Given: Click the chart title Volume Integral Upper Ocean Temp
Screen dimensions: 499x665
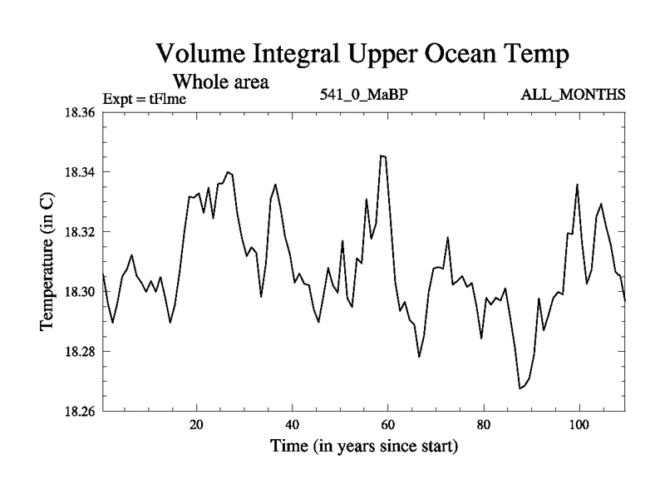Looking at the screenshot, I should (362, 57).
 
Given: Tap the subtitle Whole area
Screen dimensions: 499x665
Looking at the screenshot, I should (220, 82).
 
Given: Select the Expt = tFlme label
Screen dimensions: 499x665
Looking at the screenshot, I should (144, 99).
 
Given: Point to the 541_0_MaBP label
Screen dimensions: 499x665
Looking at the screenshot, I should (364, 94).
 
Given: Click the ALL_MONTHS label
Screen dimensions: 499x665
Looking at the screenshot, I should (573, 94).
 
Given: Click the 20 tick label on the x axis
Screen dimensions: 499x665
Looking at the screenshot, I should (197, 424).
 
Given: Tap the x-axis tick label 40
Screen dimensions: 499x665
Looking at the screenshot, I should (293, 424).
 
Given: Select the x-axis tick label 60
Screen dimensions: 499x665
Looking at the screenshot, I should (388, 424).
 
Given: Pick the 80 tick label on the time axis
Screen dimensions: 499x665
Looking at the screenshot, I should (483, 424).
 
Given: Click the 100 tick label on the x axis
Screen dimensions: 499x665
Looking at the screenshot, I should (579, 424).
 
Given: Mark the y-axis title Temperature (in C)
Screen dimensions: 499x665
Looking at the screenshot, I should (47, 262).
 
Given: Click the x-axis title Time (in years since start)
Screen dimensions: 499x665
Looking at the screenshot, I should (363, 447).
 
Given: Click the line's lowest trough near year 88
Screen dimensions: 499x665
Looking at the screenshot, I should (520, 388).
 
